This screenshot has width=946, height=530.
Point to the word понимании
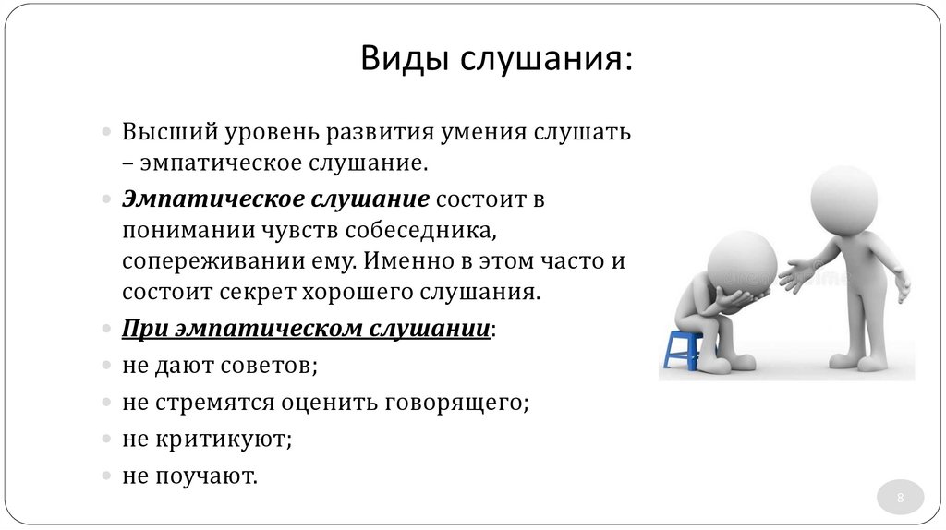178,230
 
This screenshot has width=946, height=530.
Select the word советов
269,365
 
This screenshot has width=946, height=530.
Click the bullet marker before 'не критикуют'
106,440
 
